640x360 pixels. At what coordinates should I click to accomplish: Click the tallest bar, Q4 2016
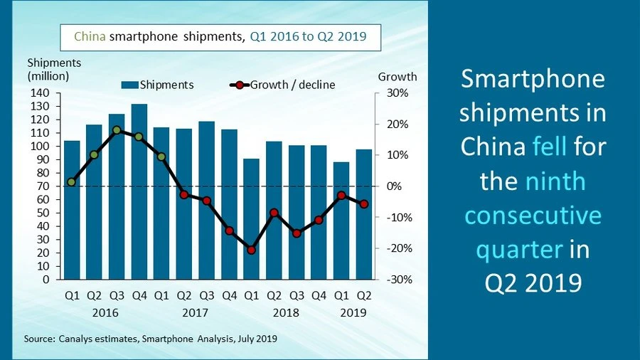pos(139,192)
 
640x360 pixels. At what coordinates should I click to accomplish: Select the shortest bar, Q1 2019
pos(341,221)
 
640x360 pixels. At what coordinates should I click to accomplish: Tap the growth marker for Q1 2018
pos(251,250)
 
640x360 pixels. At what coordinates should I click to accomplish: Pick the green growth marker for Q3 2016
pos(117,130)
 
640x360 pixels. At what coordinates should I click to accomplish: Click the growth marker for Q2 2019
pos(364,204)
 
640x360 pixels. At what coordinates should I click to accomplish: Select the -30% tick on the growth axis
pos(398,280)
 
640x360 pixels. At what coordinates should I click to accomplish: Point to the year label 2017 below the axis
pos(195,312)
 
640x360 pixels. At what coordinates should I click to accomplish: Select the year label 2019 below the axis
pos(353,312)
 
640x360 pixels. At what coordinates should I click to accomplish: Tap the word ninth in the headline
pos(555,181)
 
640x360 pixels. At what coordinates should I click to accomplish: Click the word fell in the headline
pos(550,147)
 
